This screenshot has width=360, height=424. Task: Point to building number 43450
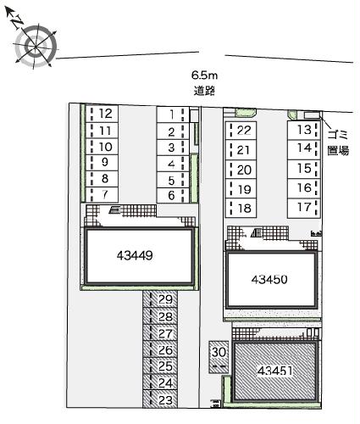point(273,279)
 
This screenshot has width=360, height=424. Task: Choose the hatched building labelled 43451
point(275,371)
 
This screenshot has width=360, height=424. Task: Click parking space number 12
point(105,114)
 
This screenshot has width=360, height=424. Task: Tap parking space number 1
point(171,114)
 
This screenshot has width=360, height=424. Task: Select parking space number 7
point(105,195)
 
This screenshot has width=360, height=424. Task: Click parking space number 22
point(244,130)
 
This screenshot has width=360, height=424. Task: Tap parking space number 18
point(244,208)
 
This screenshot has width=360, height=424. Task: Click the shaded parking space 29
point(165,300)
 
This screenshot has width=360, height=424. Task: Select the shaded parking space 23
point(165,399)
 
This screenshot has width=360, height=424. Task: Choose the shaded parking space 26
point(165,349)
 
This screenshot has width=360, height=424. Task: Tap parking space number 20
point(244,169)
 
